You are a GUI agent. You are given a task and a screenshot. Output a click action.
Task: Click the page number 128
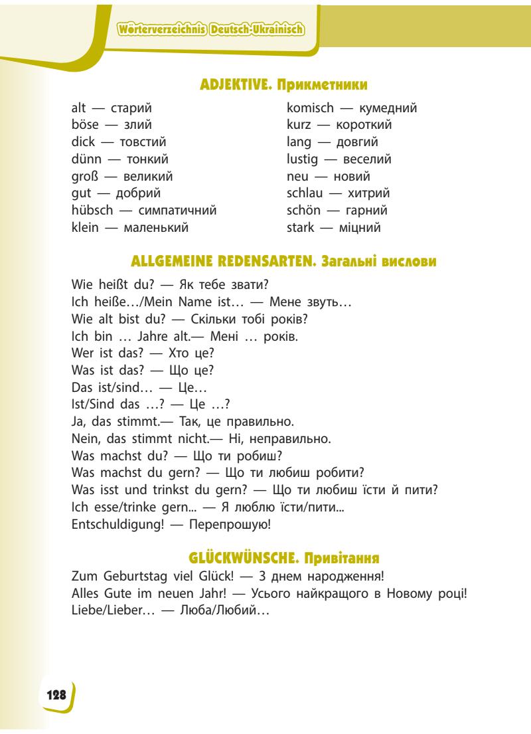(56, 694)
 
